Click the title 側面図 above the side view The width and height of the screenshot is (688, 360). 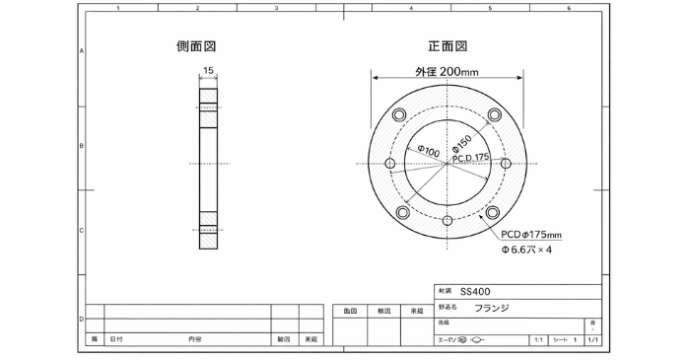[x=196, y=46]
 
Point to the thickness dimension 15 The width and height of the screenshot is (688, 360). [x=208, y=70]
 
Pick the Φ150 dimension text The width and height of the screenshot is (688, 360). [x=463, y=142]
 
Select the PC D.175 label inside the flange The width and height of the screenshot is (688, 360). [x=470, y=158]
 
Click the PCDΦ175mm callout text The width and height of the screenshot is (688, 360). [x=530, y=235]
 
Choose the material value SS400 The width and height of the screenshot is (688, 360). [x=473, y=292]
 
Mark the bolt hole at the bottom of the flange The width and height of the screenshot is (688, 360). [x=447, y=221]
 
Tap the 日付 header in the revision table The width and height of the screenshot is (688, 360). [x=116, y=338]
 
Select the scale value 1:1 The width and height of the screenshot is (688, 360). [x=538, y=338]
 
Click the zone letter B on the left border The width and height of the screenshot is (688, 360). [x=81, y=145]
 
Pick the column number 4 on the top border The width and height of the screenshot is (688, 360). [x=410, y=8]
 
